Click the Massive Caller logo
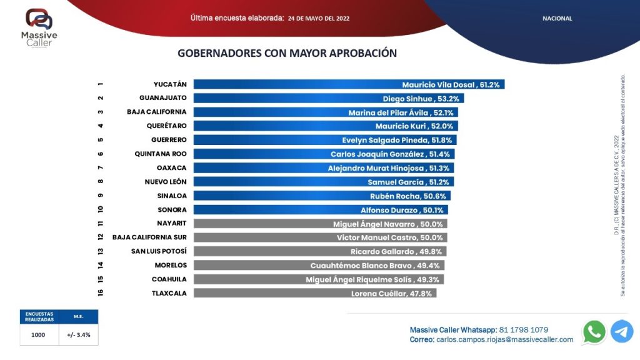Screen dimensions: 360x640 39,27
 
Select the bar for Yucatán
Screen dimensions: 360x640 349,84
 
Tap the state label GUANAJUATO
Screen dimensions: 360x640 162,98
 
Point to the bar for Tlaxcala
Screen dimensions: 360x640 314,293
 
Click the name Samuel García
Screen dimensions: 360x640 391,182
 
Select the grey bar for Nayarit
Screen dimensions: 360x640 320,224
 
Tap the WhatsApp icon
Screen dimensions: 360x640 594,331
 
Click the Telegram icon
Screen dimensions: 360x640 622,331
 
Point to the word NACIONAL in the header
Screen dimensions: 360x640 557,19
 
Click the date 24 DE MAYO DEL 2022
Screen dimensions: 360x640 319,19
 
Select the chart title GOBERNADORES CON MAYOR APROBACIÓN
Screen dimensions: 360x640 287,53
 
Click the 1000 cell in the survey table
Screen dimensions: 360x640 39,334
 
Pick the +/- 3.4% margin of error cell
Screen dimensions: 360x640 79,334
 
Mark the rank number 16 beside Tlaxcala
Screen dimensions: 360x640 101,292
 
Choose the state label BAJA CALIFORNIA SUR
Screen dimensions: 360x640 149,237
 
